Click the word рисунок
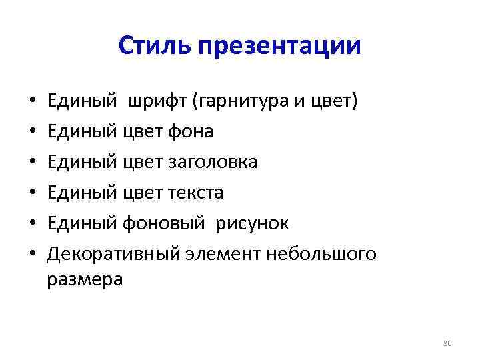[251, 223]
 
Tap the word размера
[85, 280]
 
